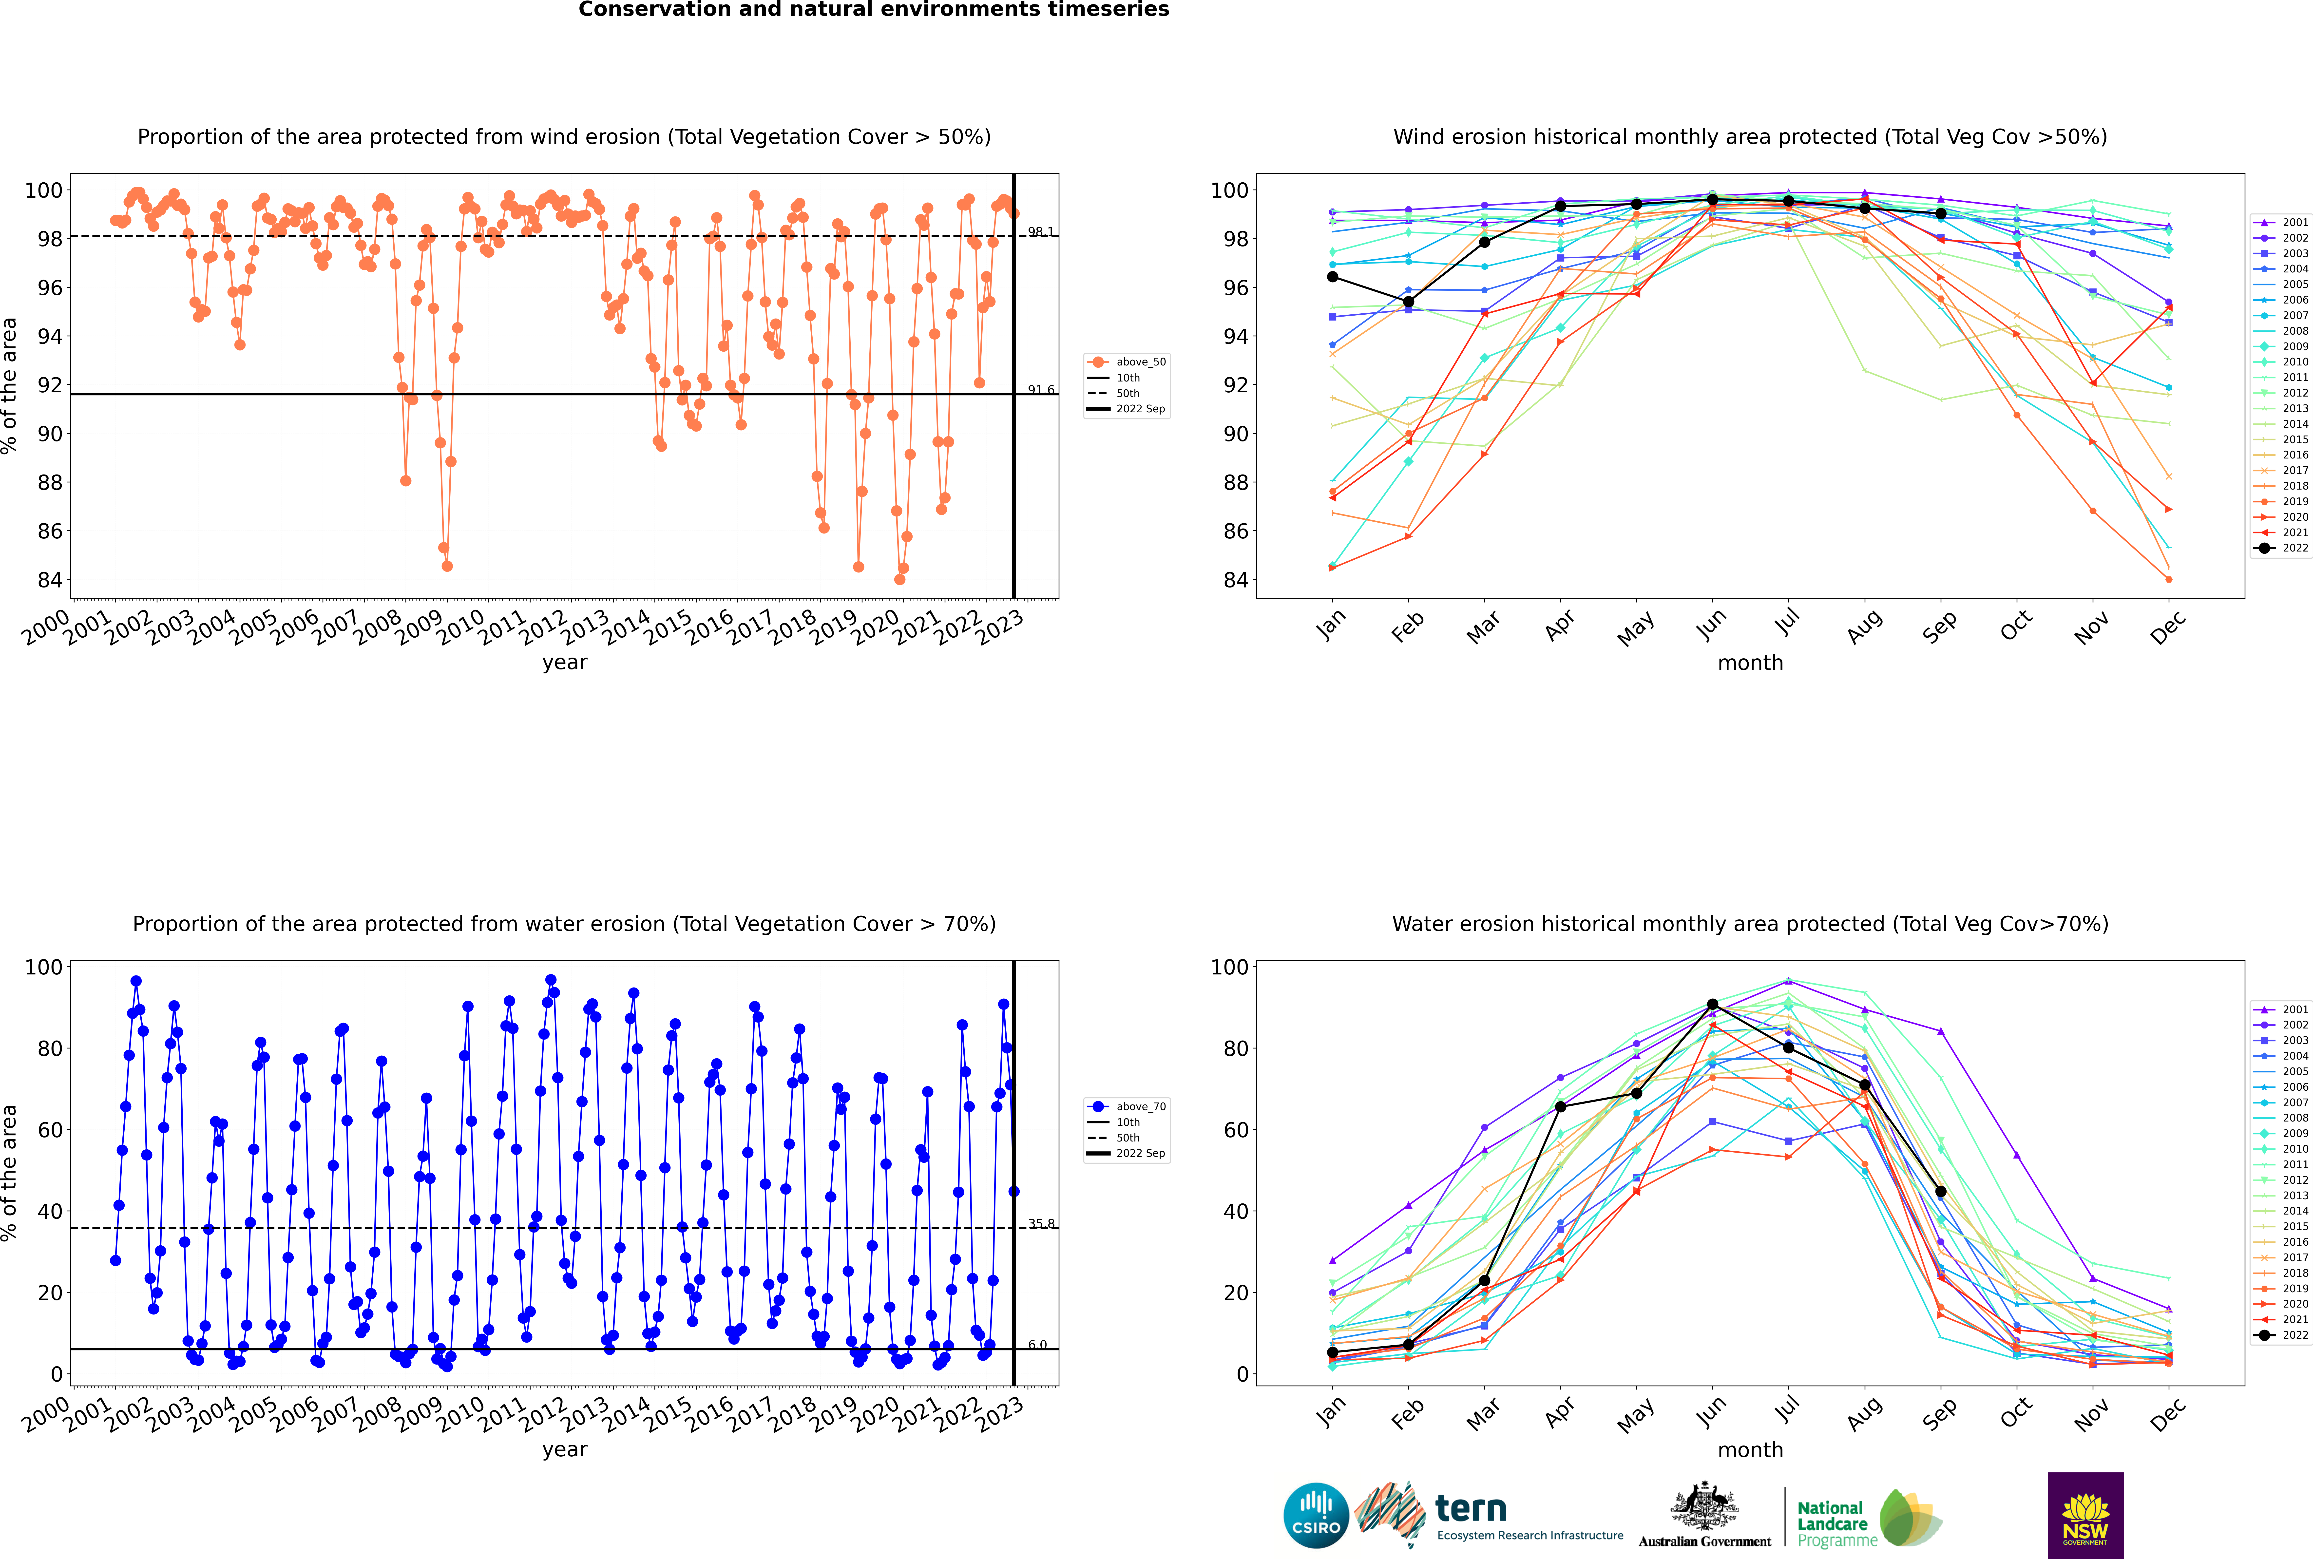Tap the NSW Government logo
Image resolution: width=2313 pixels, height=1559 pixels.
(2085, 1514)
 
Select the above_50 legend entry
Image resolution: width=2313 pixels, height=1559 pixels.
(1127, 362)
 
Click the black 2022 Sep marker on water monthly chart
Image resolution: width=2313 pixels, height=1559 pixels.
(1940, 1191)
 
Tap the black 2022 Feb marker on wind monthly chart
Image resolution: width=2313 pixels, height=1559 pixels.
(1408, 301)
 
